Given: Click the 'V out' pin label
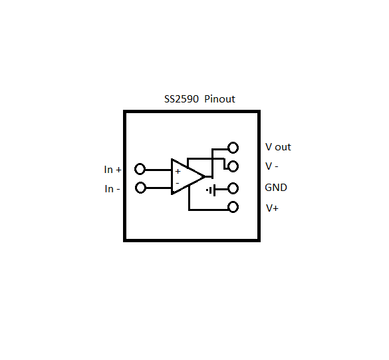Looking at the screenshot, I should [x=278, y=147].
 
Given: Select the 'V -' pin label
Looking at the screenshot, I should [x=271, y=166].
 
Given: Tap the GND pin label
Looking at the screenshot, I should [x=276, y=188].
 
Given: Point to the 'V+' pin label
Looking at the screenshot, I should [x=272, y=208].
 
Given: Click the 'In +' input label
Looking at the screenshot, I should [x=112, y=170].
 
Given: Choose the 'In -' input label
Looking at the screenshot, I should [x=112, y=189].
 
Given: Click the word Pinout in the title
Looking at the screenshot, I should [x=219, y=99].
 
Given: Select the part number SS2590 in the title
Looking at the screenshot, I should [x=181, y=99].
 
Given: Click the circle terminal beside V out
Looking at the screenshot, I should [x=233, y=148].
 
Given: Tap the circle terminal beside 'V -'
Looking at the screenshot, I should [x=233, y=166].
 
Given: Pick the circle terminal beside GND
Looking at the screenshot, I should [x=233, y=188].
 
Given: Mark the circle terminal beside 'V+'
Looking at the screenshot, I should [x=233, y=207].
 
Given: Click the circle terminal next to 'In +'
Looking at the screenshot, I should [x=140, y=169].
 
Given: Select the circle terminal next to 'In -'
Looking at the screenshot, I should [x=140, y=188].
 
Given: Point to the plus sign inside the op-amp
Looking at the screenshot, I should [x=178, y=171].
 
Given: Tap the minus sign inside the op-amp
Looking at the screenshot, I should [x=178, y=182].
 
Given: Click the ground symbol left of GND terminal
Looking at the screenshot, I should [x=211, y=190].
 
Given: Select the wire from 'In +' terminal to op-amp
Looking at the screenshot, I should [x=158, y=169].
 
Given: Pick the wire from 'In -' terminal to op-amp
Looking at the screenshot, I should [x=158, y=188].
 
